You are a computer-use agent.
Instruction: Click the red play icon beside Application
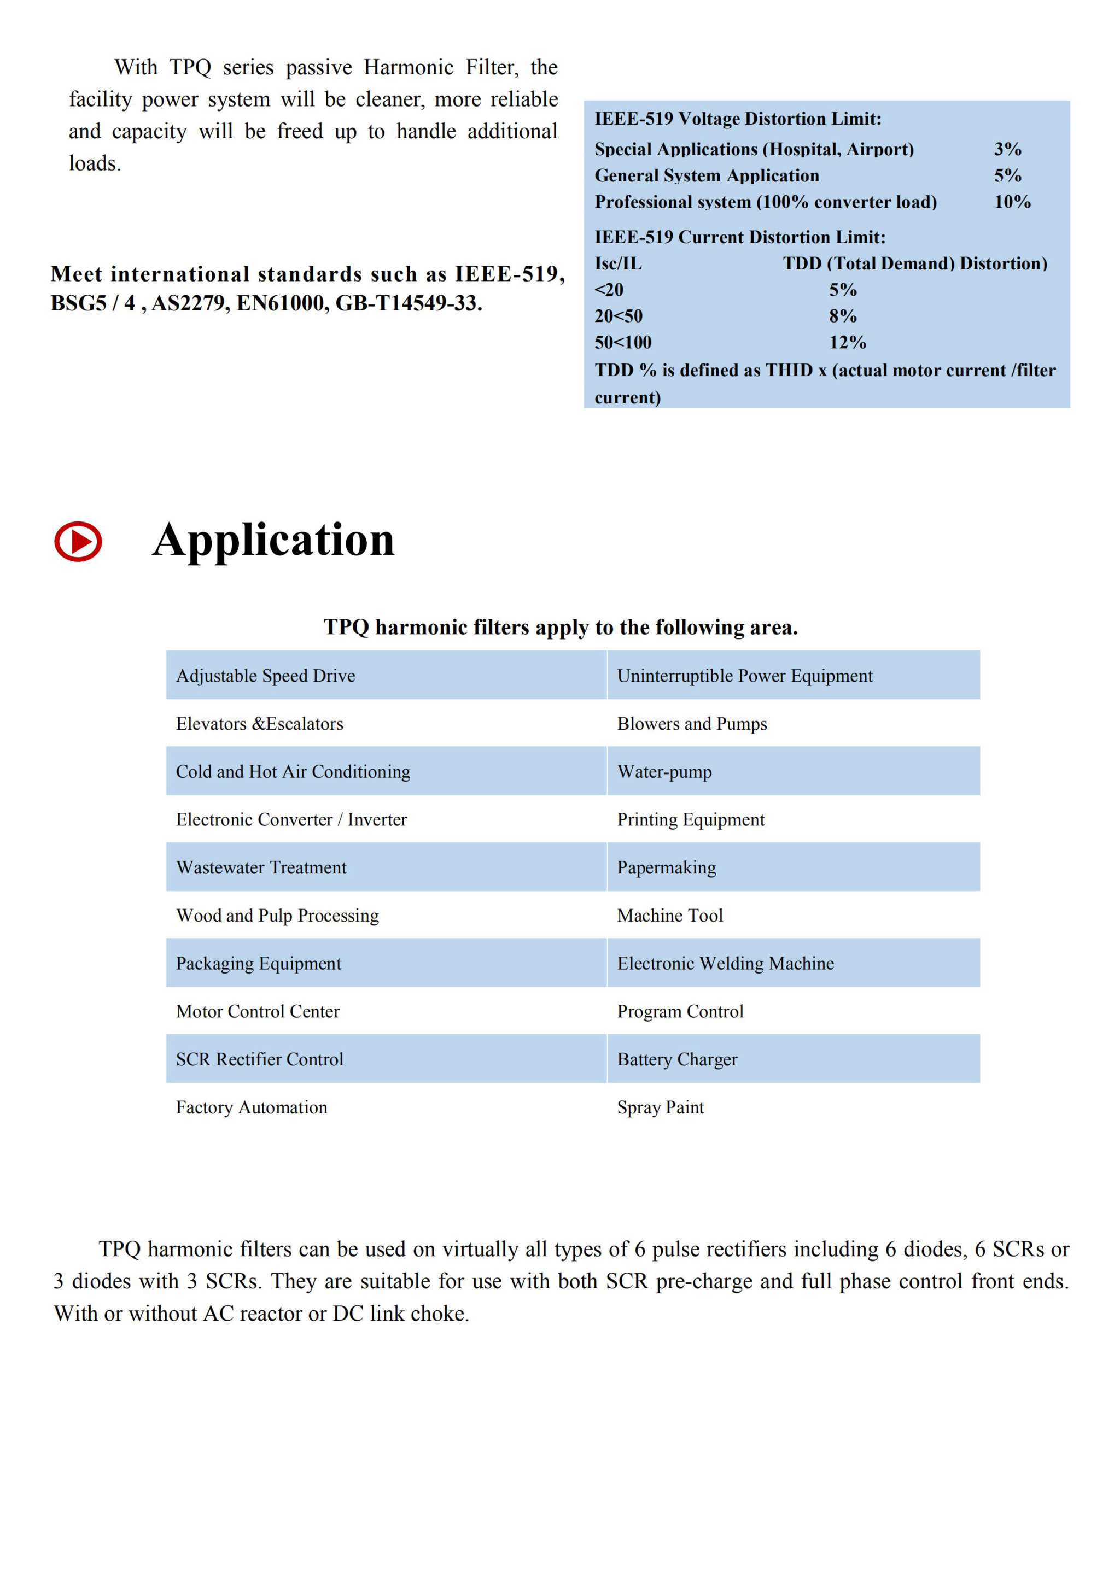[x=78, y=541]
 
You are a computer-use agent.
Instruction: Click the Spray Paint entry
[x=660, y=1107]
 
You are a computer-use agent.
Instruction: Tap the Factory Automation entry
[x=252, y=1107]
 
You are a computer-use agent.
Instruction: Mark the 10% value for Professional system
[x=1012, y=202]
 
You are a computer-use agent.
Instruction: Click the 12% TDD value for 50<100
[x=847, y=343]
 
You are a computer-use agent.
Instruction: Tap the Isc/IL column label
[x=618, y=263]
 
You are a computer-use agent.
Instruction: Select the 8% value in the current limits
[x=843, y=316]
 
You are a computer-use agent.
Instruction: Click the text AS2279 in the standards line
[x=190, y=303]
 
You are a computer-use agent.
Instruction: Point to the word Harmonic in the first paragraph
[x=409, y=68]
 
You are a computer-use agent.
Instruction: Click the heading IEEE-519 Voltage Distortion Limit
[x=738, y=119]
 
